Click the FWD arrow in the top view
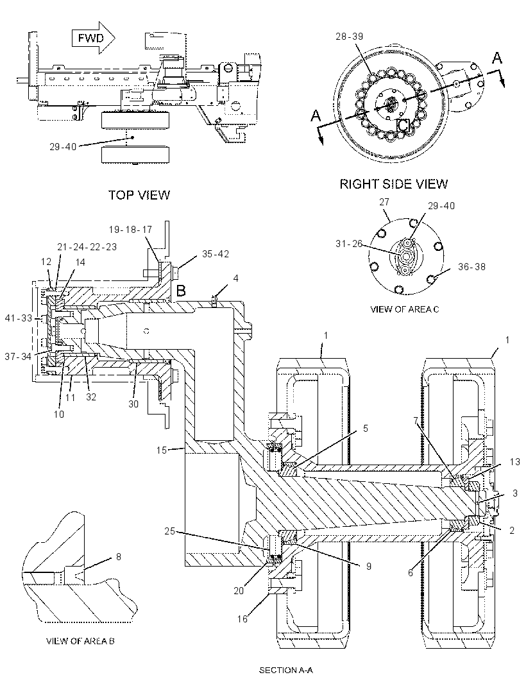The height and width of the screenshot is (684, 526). coord(94,38)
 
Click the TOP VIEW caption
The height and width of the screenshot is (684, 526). coord(139,194)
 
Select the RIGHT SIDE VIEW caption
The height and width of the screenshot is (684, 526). coord(394,184)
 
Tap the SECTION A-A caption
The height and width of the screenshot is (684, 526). coord(286,670)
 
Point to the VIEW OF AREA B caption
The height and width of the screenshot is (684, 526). coord(80,641)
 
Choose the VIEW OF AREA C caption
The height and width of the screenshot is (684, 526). coord(405,309)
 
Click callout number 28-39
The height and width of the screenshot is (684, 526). coord(349,36)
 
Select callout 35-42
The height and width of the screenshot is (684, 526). coord(215,254)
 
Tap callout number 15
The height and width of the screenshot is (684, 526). coord(162,450)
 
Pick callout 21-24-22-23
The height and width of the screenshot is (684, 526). coord(87,247)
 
